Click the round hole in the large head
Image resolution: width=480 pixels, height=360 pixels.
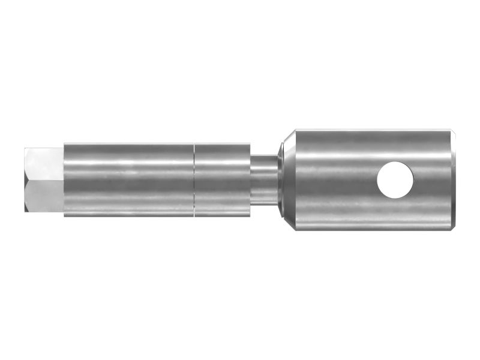(x=395, y=179)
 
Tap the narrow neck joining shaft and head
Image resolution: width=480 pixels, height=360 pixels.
(x=265, y=179)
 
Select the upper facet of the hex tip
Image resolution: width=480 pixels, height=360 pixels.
(x=46, y=163)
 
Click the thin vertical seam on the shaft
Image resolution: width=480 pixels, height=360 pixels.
(x=194, y=179)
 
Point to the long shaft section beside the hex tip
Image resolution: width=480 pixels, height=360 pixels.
(x=128, y=179)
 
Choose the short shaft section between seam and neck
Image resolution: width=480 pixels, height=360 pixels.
(x=222, y=179)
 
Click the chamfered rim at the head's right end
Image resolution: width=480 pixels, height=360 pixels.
(x=454, y=179)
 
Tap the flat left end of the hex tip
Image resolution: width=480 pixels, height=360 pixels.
(x=26, y=179)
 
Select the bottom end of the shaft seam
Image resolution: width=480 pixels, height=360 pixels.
(x=194, y=215)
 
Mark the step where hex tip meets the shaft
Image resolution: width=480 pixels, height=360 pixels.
(x=64, y=179)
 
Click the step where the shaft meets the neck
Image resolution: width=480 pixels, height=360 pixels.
(x=251, y=179)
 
